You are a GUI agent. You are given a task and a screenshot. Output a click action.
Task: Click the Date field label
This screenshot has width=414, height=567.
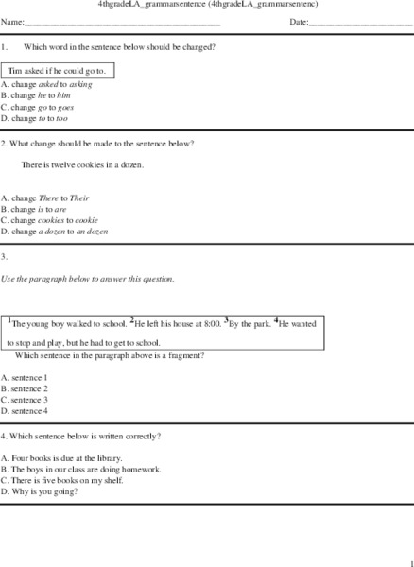point(299,21)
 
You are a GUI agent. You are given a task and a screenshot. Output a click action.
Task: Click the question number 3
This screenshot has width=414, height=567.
point(5,257)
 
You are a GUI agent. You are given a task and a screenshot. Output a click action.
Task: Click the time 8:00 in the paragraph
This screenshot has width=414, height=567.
point(212,323)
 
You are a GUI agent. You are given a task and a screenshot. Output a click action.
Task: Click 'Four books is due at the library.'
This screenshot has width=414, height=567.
point(72,457)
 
